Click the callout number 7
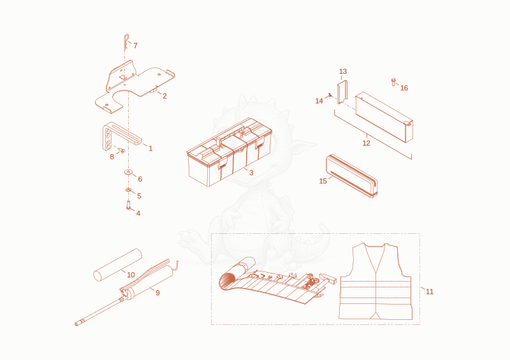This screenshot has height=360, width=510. (135, 45)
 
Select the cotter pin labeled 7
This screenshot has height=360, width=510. (126, 41)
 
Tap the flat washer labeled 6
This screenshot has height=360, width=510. (129, 171)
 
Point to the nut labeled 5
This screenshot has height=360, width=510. (129, 190)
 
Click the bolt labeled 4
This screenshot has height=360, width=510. (129, 205)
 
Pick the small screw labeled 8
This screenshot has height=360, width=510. (122, 150)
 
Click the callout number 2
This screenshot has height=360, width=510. (164, 96)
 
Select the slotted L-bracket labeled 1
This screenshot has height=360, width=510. (121, 136)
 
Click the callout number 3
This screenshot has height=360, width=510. (251, 173)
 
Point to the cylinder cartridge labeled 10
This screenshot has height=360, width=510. (118, 265)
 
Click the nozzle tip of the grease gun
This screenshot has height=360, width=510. (77, 324)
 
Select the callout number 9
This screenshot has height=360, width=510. (157, 292)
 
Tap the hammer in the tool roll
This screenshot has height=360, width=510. (328, 278)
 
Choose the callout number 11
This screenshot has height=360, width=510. (430, 292)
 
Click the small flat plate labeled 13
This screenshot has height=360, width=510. (342, 92)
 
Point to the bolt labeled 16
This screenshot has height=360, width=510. (393, 82)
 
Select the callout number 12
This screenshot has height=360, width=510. (366, 143)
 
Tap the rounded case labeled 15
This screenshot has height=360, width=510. (352, 176)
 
